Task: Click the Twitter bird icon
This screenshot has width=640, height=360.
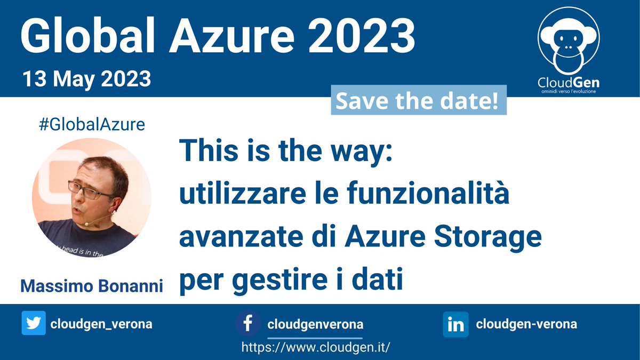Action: [34, 324]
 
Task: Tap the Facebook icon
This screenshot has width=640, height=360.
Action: [248, 324]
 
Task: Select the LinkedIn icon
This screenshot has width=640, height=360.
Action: [455, 324]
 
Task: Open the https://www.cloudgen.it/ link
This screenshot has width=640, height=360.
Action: [316, 347]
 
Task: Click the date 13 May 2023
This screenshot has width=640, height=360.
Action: [86, 79]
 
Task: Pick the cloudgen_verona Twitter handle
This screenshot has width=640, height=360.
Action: [101, 324]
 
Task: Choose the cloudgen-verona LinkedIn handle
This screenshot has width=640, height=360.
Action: [526, 324]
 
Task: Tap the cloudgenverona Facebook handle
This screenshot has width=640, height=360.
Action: [315, 324]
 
